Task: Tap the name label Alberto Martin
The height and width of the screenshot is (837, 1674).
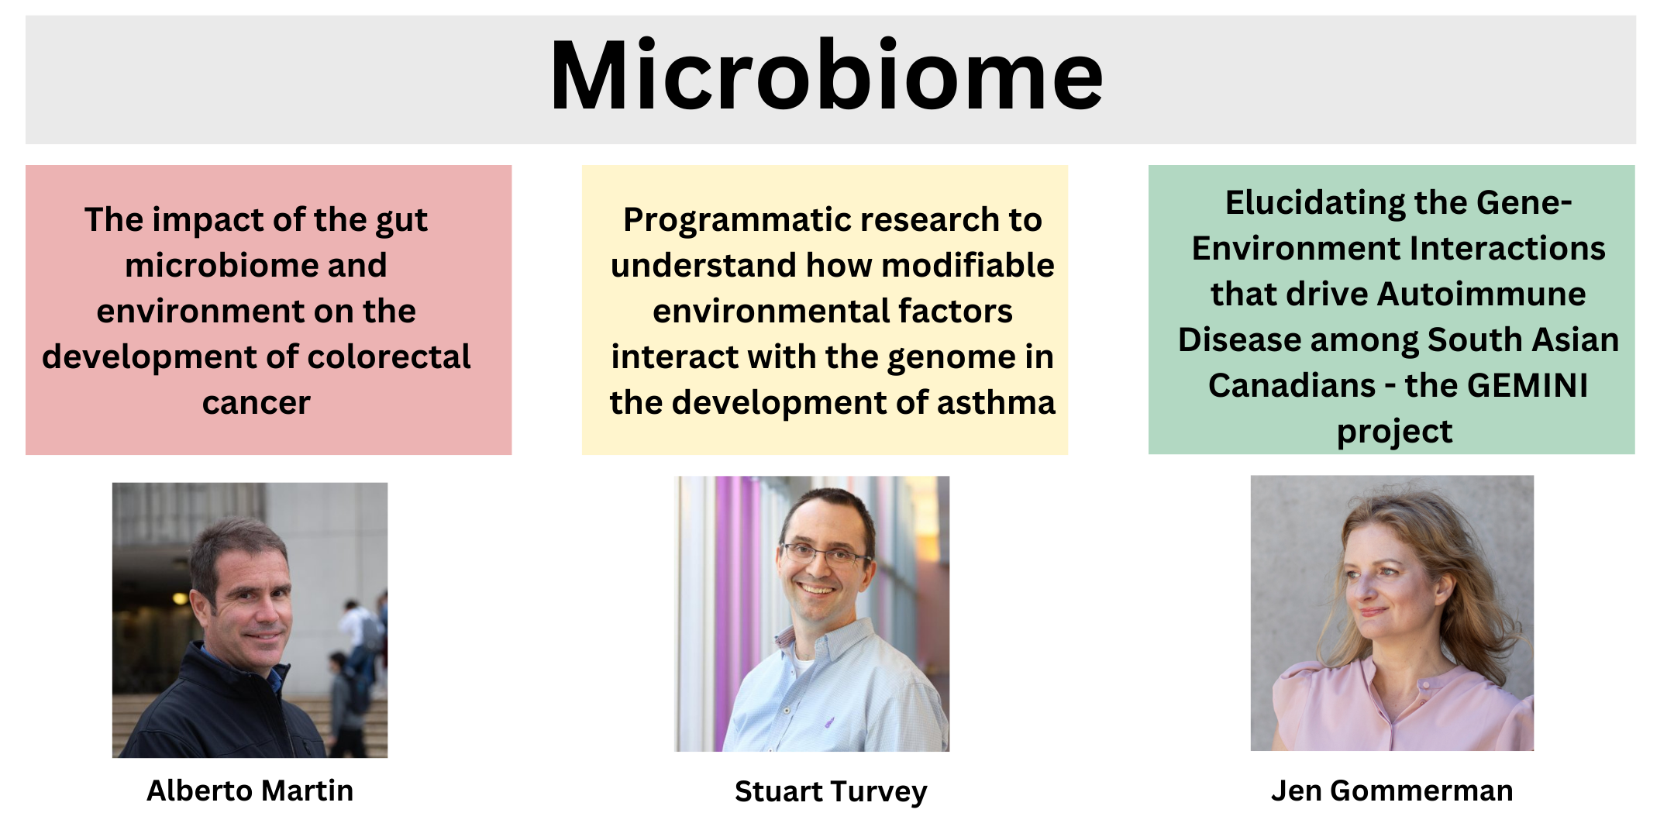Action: pos(250,790)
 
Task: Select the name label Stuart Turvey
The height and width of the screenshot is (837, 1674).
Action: pos(831,792)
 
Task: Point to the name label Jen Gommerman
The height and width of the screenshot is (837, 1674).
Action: pos(1392,791)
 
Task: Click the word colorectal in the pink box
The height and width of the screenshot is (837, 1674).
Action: pos(389,356)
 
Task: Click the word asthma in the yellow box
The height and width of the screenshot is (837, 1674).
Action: pos(997,403)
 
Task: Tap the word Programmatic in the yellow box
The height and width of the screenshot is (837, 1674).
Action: pos(725,221)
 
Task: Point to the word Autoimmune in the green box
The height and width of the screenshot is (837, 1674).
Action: pos(1481,294)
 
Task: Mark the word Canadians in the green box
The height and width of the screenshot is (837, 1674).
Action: pos(1292,385)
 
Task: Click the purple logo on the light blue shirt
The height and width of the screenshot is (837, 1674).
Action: pos(829,722)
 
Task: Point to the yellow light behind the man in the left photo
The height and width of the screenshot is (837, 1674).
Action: pos(180,598)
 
